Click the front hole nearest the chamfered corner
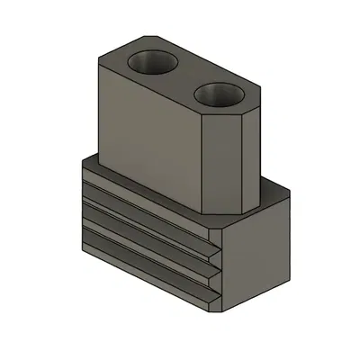(217, 94)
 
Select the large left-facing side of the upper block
(144, 135)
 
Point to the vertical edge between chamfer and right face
(241, 162)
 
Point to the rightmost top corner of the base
(290, 192)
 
